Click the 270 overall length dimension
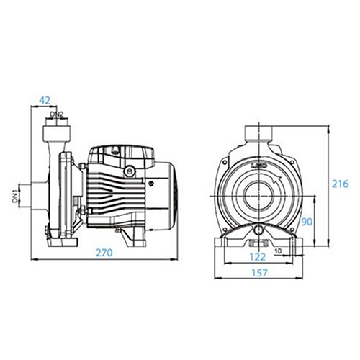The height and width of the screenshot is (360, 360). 104,253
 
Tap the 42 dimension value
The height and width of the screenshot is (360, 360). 45,100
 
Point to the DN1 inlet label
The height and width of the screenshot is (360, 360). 15,195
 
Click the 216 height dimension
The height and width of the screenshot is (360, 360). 340,184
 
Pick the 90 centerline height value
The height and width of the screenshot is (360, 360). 307,222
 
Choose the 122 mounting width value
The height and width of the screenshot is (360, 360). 258,257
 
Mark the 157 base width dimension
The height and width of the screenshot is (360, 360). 259,273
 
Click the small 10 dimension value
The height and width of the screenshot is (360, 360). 278,251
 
